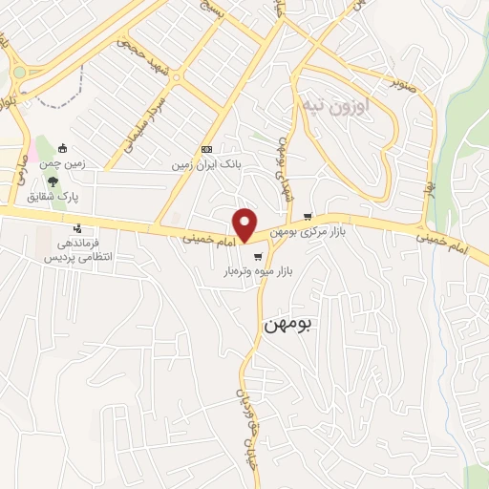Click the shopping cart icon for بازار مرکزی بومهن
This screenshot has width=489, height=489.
tap(307, 216)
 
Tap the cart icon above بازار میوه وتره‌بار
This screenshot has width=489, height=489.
tap(257, 256)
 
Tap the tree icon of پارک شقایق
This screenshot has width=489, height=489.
tap(52, 181)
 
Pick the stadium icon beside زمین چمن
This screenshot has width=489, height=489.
tap(62, 149)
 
